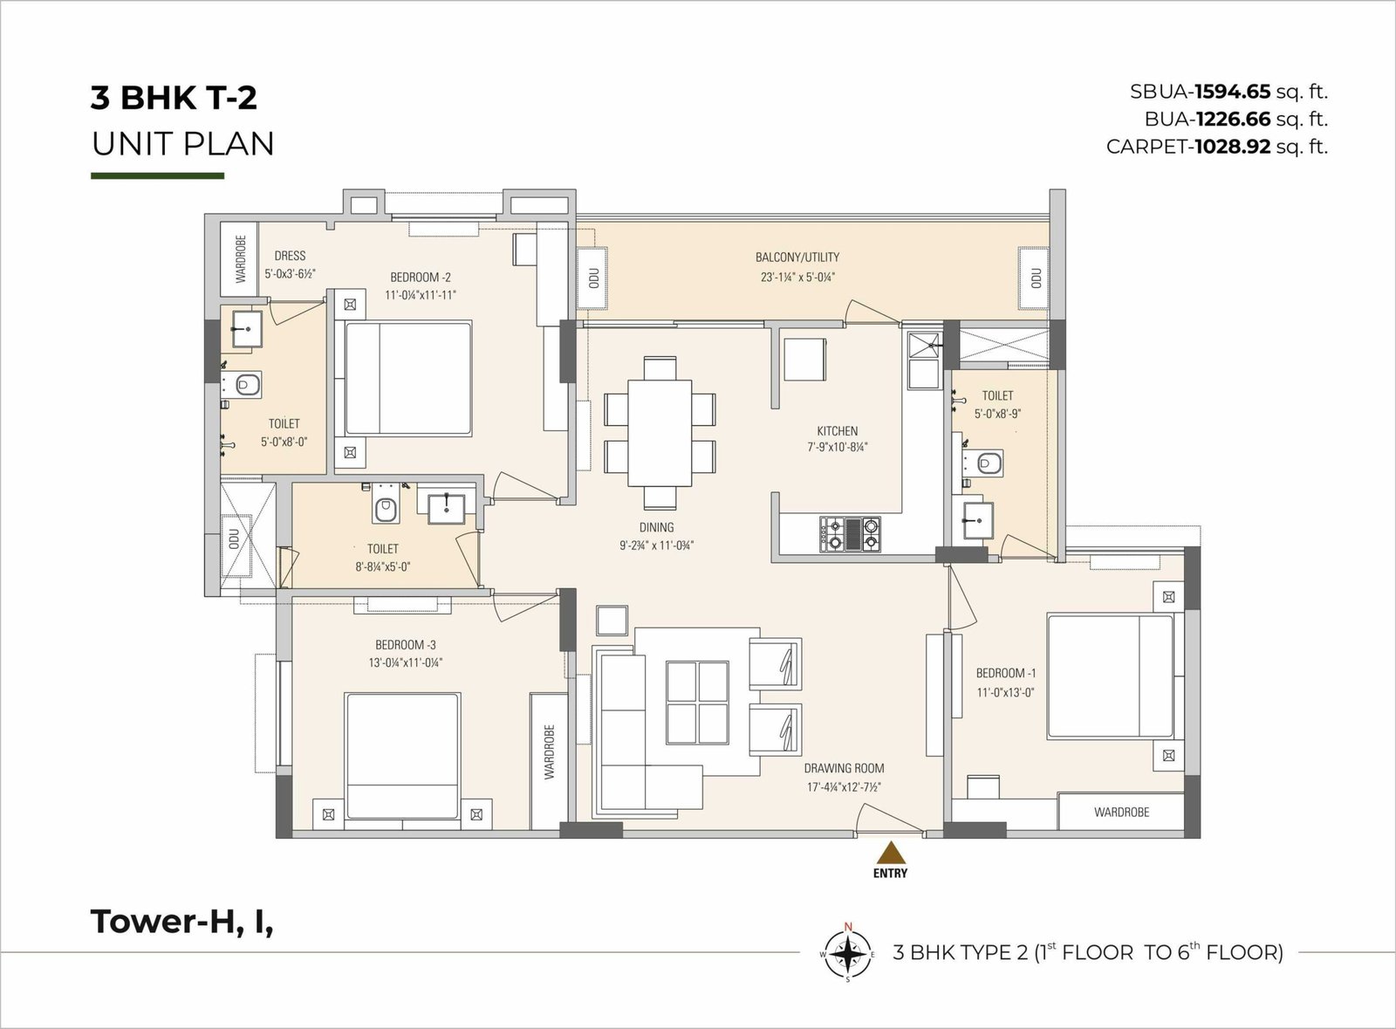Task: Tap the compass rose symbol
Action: pos(847,954)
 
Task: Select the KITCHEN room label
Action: pos(837,430)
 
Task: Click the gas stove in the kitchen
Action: pos(850,534)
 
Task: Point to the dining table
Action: pos(660,433)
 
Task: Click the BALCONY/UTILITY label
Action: pos(797,257)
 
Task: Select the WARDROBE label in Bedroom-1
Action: pos(1121,812)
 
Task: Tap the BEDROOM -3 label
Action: pos(405,645)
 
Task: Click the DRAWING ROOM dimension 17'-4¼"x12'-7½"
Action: pos(844,787)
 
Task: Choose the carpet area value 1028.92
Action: pos(1230,147)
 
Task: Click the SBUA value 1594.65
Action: pos(1232,92)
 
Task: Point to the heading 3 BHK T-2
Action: pos(174,98)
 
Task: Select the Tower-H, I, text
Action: pos(182,922)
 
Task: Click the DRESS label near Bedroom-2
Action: pos(290,256)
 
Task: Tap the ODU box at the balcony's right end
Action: pos(1033,278)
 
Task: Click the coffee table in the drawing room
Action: pos(697,703)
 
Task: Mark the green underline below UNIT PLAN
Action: pos(158,175)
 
